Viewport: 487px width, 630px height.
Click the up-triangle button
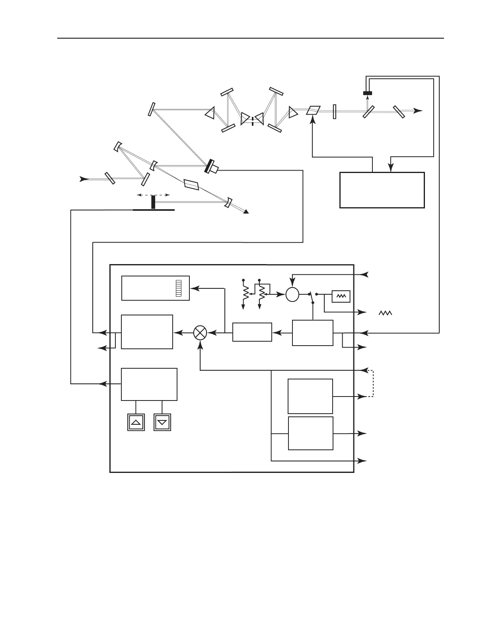point(136,422)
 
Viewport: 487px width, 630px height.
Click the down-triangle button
point(162,422)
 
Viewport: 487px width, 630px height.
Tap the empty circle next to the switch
point(292,294)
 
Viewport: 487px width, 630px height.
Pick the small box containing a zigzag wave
point(341,297)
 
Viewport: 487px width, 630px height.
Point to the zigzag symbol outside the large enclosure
point(385,313)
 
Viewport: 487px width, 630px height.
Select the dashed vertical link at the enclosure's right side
point(373,383)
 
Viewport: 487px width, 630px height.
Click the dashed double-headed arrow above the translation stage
point(153,195)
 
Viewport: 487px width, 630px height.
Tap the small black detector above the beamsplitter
point(368,93)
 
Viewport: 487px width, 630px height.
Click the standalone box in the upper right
point(382,190)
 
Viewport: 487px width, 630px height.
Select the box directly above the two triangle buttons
point(149,384)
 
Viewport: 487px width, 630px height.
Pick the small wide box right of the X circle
point(252,332)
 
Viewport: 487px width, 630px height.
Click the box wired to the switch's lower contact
point(313,332)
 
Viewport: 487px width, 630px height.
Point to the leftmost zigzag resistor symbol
point(245,293)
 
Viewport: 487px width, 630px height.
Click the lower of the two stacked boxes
point(310,433)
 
